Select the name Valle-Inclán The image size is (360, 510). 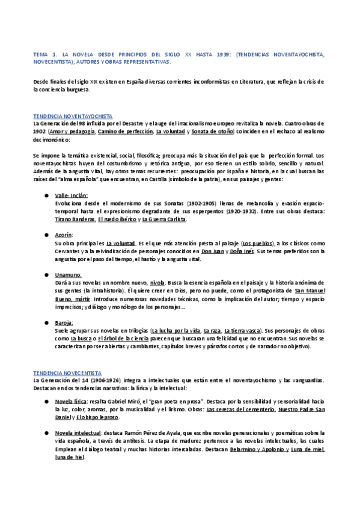(x=71, y=195)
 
